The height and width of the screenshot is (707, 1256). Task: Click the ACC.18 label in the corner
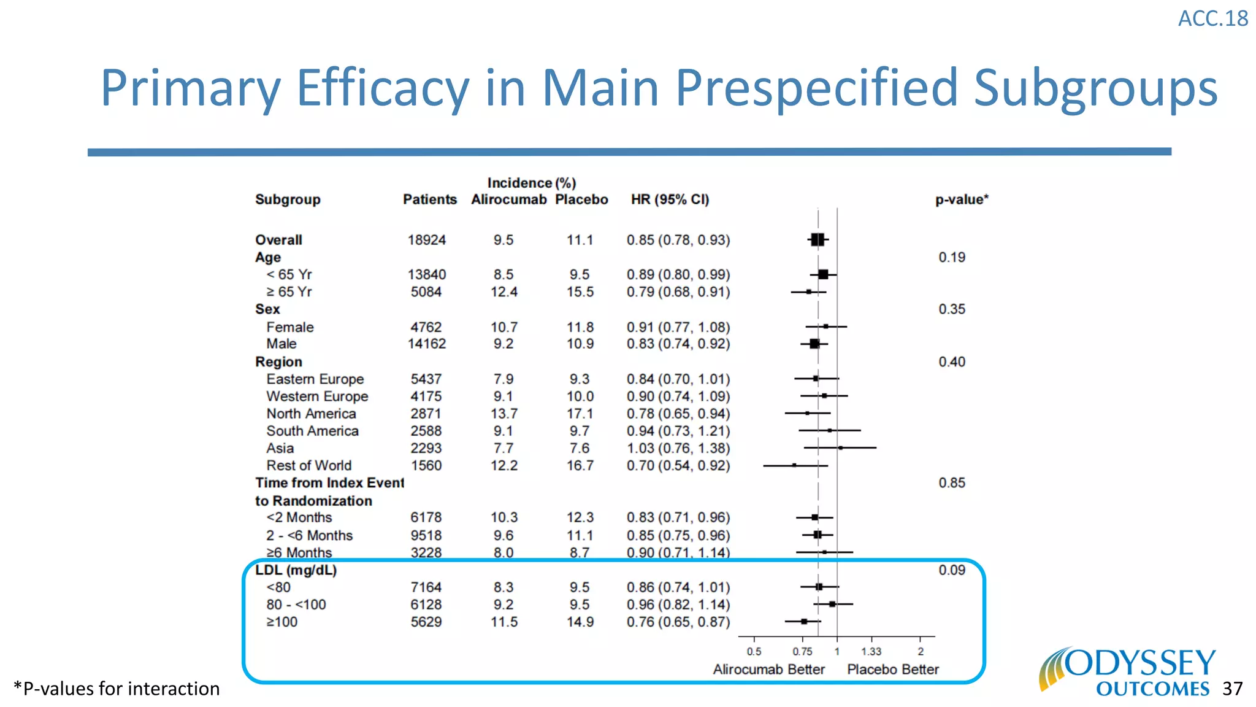click(x=1212, y=18)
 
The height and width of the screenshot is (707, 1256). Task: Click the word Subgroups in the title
click(x=1095, y=88)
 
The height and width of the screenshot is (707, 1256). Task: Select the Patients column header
click(x=429, y=199)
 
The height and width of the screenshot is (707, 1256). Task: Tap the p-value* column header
click(x=961, y=199)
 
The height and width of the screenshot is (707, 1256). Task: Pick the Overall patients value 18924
click(x=426, y=240)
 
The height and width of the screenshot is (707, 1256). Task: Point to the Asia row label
click(x=280, y=448)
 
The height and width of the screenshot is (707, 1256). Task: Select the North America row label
click(x=311, y=414)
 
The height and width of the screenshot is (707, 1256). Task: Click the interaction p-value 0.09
click(x=951, y=570)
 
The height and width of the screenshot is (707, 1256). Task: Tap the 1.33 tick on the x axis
click(x=871, y=652)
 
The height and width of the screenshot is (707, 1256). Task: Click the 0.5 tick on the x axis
click(x=754, y=652)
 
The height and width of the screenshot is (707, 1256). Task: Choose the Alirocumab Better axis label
click(x=768, y=670)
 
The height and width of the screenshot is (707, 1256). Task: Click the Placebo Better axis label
click(x=892, y=670)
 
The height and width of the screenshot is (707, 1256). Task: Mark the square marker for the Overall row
click(x=817, y=240)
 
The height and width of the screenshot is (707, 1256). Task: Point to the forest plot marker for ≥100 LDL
click(x=804, y=622)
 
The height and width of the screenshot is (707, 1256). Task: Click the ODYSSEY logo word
click(x=1140, y=663)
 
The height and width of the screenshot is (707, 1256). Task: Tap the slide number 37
click(x=1232, y=689)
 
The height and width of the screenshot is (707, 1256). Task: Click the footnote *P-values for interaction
click(x=117, y=689)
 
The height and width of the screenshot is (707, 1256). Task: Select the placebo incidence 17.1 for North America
click(x=580, y=414)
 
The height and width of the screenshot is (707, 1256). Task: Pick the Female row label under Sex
click(x=289, y=327)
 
